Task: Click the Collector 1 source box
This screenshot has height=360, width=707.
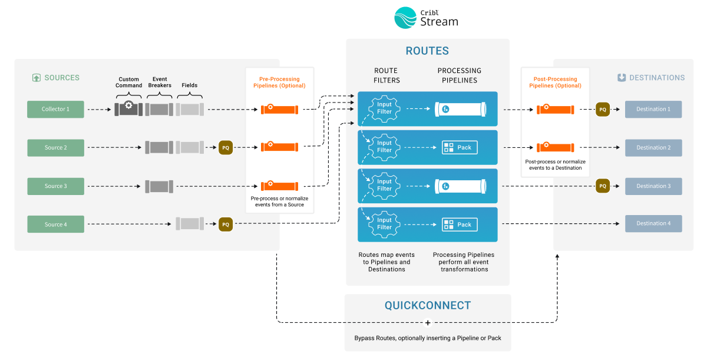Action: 55,109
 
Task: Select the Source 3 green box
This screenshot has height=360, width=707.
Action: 55,186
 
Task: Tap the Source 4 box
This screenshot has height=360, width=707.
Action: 55,224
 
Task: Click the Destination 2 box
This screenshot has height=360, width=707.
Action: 653,148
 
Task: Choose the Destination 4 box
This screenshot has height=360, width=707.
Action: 653,224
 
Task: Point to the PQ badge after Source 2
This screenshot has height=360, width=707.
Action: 226,148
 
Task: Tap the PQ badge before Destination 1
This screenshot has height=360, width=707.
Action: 603,109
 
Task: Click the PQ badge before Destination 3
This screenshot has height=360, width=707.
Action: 603,186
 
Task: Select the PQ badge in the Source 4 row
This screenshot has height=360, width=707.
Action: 226,224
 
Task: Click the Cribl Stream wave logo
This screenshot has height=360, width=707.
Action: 406,18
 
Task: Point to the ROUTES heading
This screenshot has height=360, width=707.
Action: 427,51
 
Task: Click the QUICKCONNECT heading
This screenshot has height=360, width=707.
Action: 428,306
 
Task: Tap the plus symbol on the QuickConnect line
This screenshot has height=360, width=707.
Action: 428,322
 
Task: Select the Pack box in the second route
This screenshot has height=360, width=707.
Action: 460,147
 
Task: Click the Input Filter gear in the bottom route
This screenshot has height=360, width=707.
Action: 384,224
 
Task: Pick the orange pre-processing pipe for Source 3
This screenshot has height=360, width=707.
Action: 279,186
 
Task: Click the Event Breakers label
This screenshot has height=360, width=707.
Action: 160,82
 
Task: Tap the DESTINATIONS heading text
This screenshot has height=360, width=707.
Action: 657,78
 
